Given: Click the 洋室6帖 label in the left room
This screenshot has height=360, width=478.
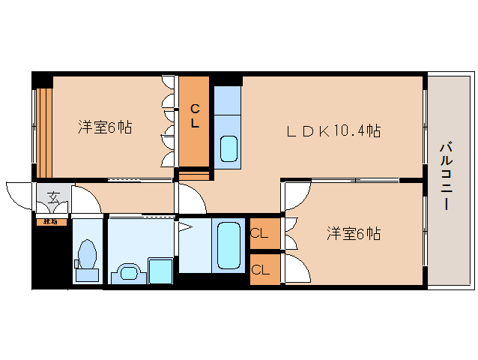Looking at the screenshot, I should [x=105, y=127].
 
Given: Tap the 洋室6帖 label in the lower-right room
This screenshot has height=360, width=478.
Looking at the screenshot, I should [x=353, y=234].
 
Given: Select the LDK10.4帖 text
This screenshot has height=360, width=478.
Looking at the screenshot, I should [x=333, y=131].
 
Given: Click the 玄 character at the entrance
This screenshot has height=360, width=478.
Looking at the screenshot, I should [x=54, y=197].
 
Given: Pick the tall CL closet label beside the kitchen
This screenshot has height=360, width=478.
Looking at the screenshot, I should [x=194, y=116].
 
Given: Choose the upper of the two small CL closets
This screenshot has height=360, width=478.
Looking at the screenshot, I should [x=259, y=233].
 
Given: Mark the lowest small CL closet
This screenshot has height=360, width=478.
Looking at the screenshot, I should [x=260, y=268].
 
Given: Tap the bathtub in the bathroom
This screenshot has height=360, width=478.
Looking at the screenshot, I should [x=229, y=244].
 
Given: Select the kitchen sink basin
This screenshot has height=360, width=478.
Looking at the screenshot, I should [x=229, y=148].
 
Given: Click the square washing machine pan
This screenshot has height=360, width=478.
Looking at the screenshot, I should [x=160, y=270].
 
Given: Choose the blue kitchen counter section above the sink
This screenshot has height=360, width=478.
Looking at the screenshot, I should [x=227, y=101].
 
